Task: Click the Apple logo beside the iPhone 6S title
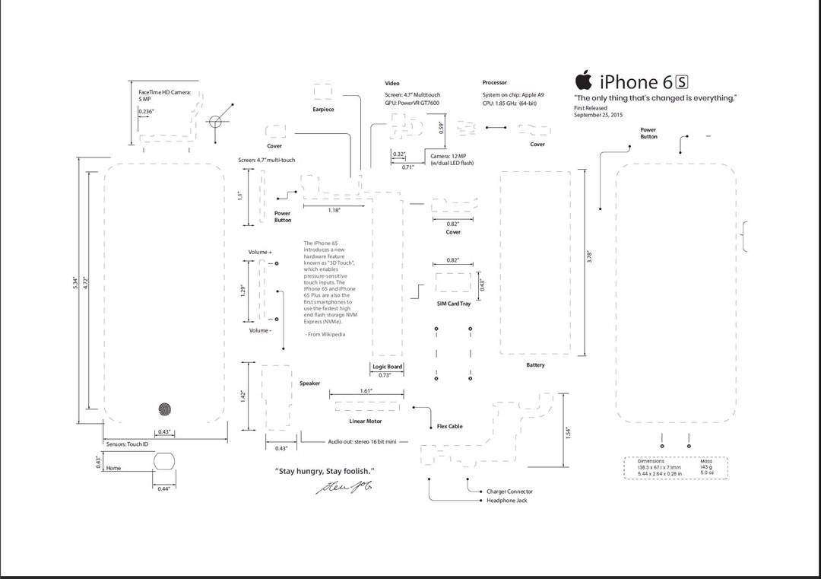pyautogui.click(x=583, y=80)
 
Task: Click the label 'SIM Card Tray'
pyautogui.click(x=453, y=304)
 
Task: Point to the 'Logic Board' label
pyautogui.click(x=387, y=367)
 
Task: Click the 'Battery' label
pyautogui.click(x=535, y=365)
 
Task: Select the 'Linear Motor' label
pyautogui.click(x=366, y=421)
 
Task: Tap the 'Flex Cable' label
pyautogui.click(x=449, y=427)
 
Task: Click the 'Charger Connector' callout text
pyautogui.click(x=509, y=492)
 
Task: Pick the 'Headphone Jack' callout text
pyautogui.click(x=506, y=501)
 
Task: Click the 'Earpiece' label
pyautogui.click(x=323, y=110)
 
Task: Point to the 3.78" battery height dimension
pyautogui.click(x=589, y=257)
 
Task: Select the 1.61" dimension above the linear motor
pyautogui.click(x=366, y=390)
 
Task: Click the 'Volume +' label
pyautogui.click(x=260, y=252)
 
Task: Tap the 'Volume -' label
pyautogui.click(x=259, y=330)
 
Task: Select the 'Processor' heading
pyautogui.click(x=494, y=82)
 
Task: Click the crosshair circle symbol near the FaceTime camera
pyautogui.click(x=215, y=121)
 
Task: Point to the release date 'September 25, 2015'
pyautogui.click(x=598, y=115)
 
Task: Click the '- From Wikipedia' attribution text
pyautogui.click(x=325, y=334)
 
